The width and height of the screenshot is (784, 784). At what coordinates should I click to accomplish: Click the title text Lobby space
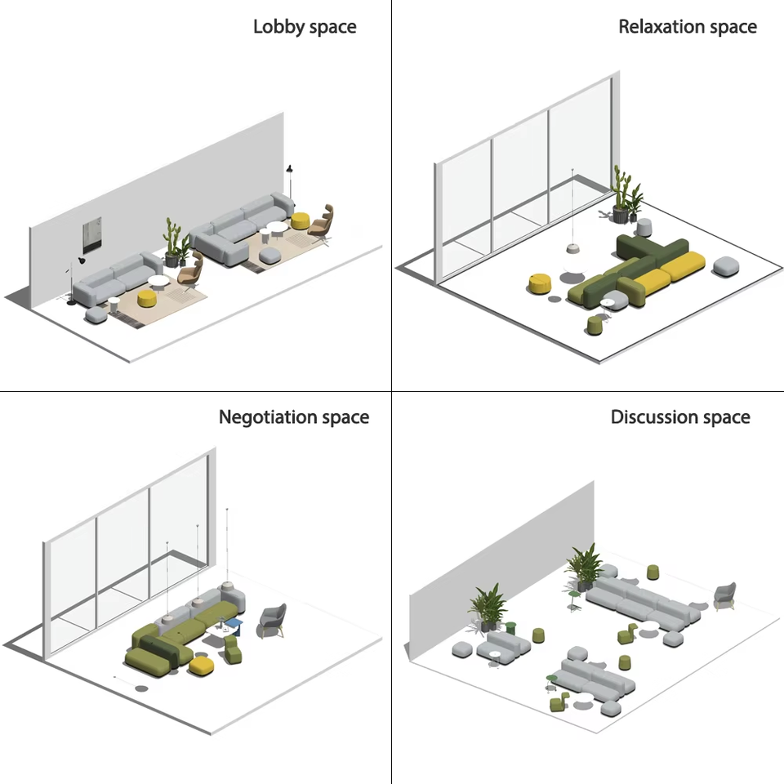305,26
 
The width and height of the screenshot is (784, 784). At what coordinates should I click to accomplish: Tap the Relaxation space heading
687,26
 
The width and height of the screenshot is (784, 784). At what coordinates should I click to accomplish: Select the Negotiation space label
293,417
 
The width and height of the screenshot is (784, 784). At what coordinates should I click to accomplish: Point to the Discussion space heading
679,417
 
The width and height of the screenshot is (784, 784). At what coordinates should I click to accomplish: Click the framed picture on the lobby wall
91,235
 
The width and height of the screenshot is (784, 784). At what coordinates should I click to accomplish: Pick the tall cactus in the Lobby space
172,239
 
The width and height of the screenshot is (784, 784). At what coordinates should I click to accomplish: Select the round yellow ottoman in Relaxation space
540,283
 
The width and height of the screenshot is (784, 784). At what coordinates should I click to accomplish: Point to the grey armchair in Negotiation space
273,619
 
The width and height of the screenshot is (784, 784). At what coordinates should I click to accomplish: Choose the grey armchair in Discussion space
724,595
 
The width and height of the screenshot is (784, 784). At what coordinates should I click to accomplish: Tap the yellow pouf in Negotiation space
202,666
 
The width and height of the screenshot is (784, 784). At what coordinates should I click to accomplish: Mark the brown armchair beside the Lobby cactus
192,270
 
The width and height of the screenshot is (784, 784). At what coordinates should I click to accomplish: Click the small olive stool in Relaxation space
595,324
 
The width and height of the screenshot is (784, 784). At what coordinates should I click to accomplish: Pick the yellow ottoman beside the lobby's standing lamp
300,220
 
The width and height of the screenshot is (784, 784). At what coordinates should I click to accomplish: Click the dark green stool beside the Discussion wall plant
510,628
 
